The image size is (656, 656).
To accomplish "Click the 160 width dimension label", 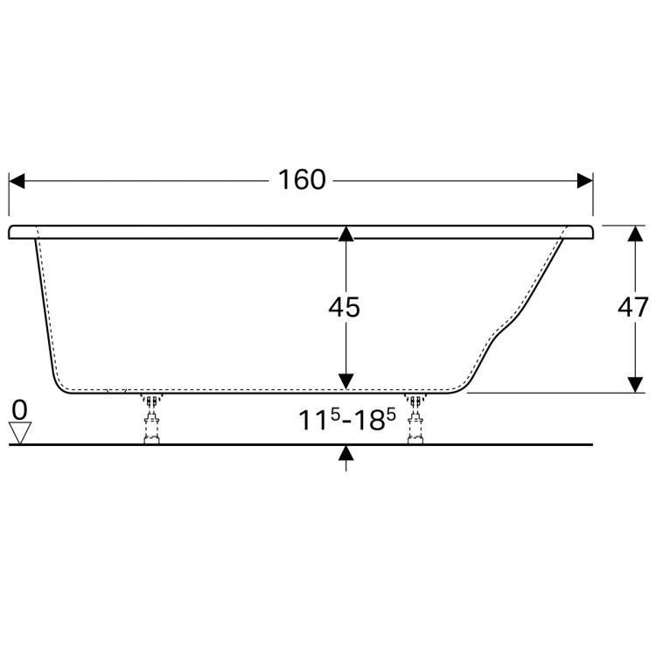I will [x=302, y=180].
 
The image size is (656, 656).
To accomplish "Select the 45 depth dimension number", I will [x=343, y=307].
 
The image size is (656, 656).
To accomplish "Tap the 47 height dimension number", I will [x=632, y=307].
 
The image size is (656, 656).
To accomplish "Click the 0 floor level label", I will [x=19, y=408].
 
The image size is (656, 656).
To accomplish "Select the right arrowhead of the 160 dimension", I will [x=585, y=180].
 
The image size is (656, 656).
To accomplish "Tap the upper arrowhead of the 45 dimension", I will [x=347, y=233].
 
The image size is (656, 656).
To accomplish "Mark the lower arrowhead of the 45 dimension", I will [x=347, y=381].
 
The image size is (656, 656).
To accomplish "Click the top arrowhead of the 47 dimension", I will [x=632, y=233].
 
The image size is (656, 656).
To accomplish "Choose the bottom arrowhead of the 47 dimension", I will [x=632, y=385].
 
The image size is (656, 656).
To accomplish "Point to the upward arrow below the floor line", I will [x=347, y=452].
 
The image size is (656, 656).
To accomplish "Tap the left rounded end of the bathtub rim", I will [x=13, y=232].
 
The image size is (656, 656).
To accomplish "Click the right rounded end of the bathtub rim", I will [x=593, y=232].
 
